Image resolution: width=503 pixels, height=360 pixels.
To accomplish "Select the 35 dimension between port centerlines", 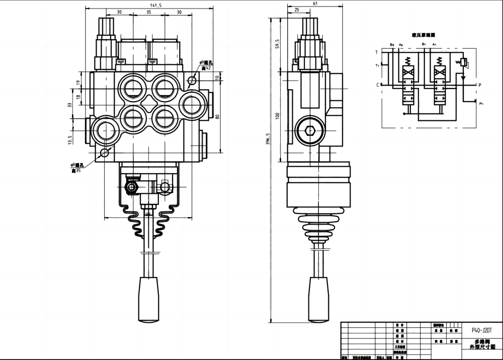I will click(x=148, y=12).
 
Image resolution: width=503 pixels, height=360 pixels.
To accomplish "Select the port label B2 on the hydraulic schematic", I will click(x=392, y=44).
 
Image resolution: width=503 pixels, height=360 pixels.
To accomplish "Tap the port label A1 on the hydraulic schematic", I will click(x=434, y=44).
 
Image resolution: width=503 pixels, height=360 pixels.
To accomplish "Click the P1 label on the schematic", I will click(x=481, y=104).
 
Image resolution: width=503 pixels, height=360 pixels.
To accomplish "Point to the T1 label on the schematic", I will click(x=377, y=65).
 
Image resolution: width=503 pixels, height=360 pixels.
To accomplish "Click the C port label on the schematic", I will click(x=377, y=85).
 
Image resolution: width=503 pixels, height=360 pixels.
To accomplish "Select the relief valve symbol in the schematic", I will click(x=462, y=63).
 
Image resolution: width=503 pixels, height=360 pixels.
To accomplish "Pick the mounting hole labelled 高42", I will click(x=192, y=81).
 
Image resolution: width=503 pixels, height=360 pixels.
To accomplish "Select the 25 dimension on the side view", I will click(x=296, y=10).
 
